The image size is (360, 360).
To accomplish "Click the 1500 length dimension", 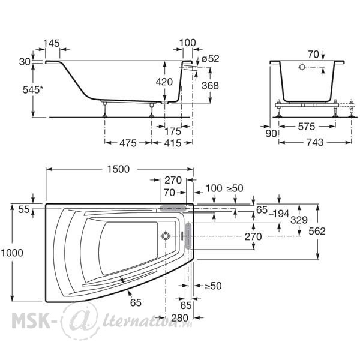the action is pyautogui.click(x=118, y=169).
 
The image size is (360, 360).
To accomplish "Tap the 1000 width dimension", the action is pyautogui.click(x=12, y=253).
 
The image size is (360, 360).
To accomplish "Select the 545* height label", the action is pyautogui.click(x=33, y=90).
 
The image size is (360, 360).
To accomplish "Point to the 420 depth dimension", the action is pyautogui.click(x=164, y=82).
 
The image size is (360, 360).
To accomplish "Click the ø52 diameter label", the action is pyautogui.click(x=210, y=59).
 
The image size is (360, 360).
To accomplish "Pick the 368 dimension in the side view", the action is pyautogui.click(x=210, y=86).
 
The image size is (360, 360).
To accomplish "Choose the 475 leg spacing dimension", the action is pyautogui.click(x=128, y=143).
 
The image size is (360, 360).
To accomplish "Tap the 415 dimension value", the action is pyautogui.click(x=173, y=143).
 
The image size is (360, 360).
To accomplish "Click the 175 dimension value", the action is pyautogui.click(x=173, y=131).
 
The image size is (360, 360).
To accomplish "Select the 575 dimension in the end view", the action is pyautogui.click(x=307, y=127).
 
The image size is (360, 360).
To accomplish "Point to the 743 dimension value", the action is pyautogui.click(x=315, y=142).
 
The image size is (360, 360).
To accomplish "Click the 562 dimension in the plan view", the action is pyautogui.click(x=317, y=231).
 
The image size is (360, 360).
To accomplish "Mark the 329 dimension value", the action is pyautogui.click(x=299, y=220).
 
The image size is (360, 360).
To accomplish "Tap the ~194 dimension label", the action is pyautogui.click(x=278, y=214).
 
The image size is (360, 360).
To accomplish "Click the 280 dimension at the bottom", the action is pyautogui.click(x=180, y=318).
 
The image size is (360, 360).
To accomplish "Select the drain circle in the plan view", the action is pyautogui.click(x=166, y=236).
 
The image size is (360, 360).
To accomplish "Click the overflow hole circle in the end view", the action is pyautogui.click(x=302, y=67).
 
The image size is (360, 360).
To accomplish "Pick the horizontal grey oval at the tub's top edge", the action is pyautogui.click(x=173, y=208).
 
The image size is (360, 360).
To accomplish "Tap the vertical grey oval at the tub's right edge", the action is pyautogui.click(x=188, y=235).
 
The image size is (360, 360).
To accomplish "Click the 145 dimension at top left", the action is pyautogui.click(x=52, y=43).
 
